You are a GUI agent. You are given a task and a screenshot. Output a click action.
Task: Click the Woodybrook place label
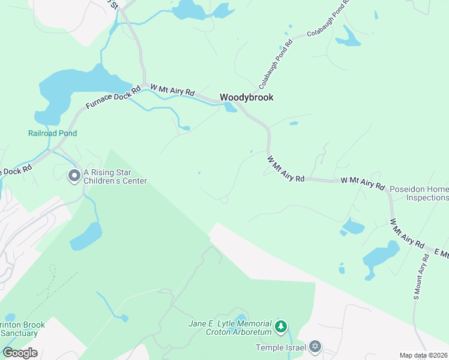246,97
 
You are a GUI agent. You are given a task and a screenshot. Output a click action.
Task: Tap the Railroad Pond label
52,133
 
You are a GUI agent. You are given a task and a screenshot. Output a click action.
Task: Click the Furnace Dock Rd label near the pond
113,97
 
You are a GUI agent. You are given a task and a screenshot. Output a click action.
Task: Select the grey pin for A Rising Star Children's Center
74,175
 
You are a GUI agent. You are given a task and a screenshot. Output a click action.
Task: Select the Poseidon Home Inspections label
419,193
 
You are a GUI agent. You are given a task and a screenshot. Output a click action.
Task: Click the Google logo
20,353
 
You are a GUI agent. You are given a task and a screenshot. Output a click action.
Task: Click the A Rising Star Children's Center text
115,176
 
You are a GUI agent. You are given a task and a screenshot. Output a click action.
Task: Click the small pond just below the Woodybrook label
230,107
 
